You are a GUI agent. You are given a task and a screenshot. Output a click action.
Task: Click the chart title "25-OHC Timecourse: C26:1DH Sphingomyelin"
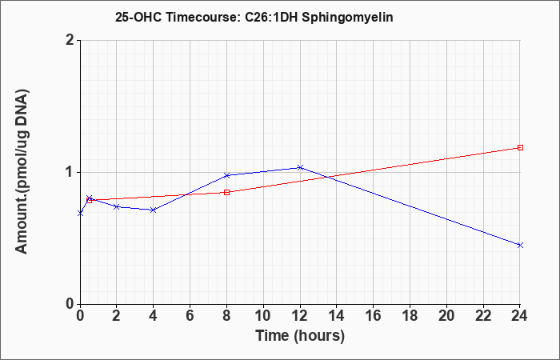point(254,17)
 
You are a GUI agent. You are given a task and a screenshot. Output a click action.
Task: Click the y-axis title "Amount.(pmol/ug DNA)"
point(22,171)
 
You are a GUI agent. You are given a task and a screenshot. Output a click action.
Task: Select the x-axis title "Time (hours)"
point(300,336)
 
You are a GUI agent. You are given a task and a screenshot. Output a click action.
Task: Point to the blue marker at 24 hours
point(520,245)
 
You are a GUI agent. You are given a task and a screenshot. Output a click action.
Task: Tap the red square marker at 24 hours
point(520,147)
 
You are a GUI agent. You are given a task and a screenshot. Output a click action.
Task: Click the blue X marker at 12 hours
point(300,167)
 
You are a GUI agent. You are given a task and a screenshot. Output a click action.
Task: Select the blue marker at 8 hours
point(226,175)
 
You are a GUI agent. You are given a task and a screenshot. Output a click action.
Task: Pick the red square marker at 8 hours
point(226,193)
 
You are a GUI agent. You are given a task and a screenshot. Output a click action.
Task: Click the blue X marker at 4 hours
point(154,210)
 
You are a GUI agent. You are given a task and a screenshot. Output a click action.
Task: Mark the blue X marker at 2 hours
point(117,206)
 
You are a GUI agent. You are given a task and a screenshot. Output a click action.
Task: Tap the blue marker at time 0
point(80,214)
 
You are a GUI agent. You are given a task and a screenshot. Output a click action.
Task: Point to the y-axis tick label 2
point(70,40)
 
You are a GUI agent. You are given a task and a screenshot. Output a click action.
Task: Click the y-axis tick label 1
point(70,173)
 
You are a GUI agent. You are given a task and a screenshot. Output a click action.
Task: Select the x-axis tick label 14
point(337,316)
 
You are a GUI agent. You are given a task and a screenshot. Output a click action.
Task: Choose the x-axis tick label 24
point(520,316)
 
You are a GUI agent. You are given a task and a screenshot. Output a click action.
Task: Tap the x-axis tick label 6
point(190,316)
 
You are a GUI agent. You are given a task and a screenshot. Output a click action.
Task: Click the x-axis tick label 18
point(410,316)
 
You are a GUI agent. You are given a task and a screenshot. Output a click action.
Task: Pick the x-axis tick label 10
point(263,316)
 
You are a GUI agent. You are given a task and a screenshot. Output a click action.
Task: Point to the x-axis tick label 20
point(446,316)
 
